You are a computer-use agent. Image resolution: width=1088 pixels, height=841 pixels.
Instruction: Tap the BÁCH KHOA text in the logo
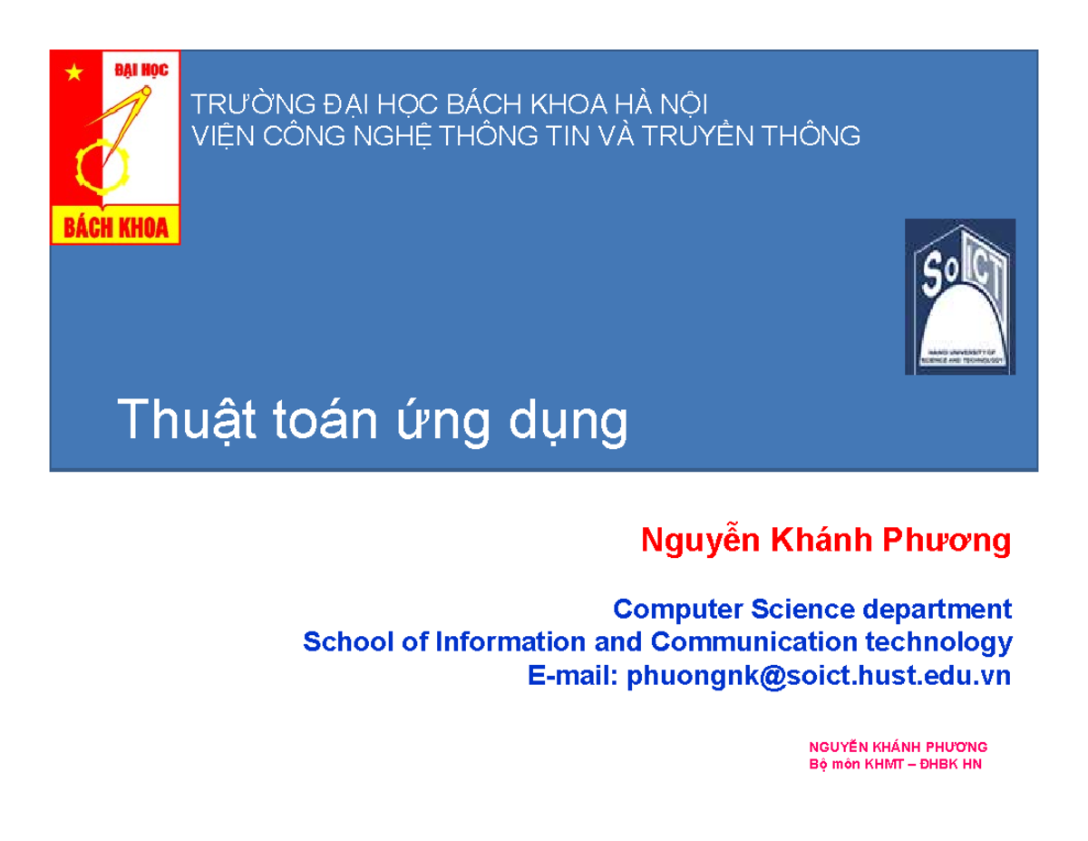point(115,227)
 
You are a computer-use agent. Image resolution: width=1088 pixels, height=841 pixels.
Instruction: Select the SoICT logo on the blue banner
point(959,297)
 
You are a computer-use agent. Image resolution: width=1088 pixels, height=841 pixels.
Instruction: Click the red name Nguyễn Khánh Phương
point(825,541)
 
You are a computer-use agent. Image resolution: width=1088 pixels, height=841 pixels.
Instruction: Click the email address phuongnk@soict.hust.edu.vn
point(818,676)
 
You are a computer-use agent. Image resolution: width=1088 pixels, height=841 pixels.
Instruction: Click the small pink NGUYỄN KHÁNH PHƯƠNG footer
point(897,747)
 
